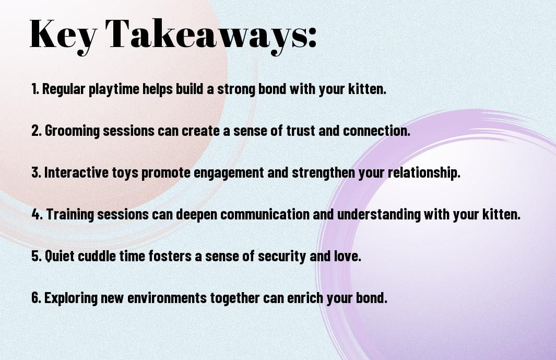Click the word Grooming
tap(72, 131)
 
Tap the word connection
tap(376, 130)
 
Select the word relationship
tap(424, 173)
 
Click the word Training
tap(70, 214)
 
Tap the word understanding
tap(378, 214)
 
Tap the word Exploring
tap(71, 298)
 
